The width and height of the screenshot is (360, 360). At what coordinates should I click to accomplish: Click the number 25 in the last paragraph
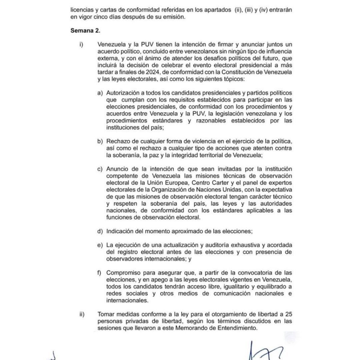(x=289, y=314)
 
